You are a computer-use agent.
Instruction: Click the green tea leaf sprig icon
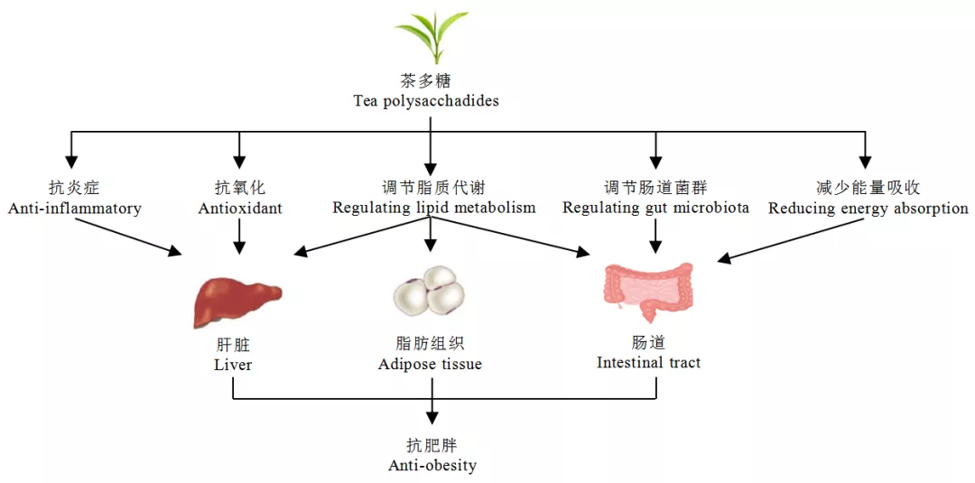[x=432, y=34]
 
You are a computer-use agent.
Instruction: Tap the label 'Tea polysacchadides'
[x=426, y=101]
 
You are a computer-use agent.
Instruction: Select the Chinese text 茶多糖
[x=426, y=80]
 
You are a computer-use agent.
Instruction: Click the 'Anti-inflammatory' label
[x=75, y=209]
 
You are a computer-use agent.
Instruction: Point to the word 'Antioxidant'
[x=240, y=209]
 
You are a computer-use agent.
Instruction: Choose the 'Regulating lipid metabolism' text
[x=434, y=209]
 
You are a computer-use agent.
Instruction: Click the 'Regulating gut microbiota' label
[x=656, y=209]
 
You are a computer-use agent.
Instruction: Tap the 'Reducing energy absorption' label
[x=868, y=209]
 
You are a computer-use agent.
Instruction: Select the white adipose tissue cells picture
[x=430, y=289]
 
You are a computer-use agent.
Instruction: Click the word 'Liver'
[x=233, y=366]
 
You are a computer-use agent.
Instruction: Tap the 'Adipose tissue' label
[x=430, y=365]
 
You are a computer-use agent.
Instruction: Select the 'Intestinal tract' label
[x=648, y=363]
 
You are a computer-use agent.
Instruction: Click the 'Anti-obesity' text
[x=432, y=466]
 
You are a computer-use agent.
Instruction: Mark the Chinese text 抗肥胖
[x=432, y=446]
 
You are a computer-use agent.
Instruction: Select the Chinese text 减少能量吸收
[x=868, y=188]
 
